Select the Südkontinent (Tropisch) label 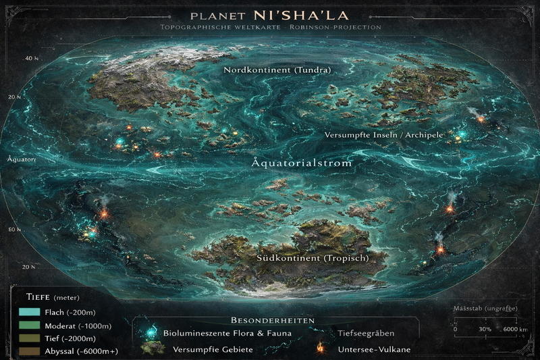[x=302, y=259]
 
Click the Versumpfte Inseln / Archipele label [x=383, y=135]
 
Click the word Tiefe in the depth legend [x=40, y=297]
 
